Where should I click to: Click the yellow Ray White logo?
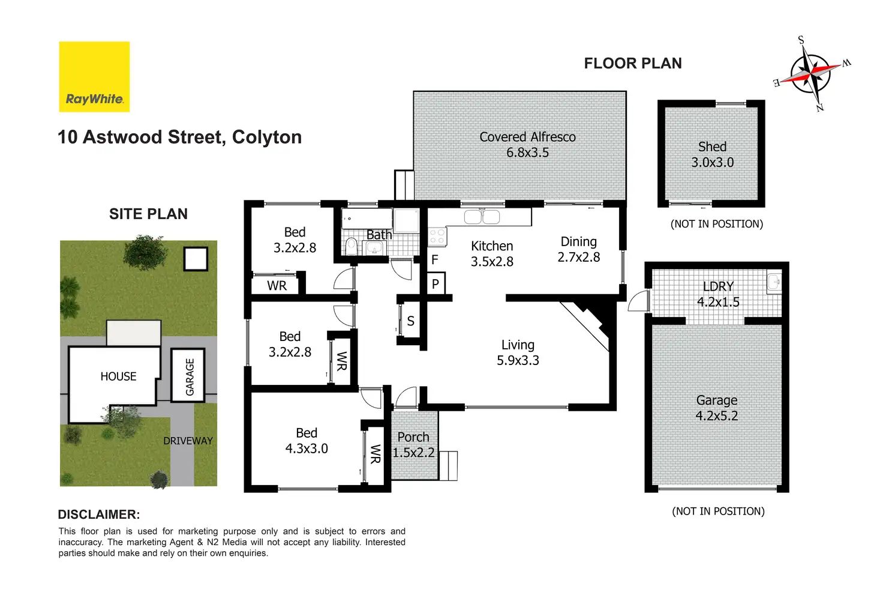94,77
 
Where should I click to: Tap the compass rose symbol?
811,74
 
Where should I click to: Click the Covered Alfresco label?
527,145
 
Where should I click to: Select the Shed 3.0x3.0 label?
712,155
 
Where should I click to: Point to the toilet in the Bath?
351,246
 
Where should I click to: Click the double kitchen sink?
482,217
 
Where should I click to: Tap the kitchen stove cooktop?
437,237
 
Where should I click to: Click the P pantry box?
436,283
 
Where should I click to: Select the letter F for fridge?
434,259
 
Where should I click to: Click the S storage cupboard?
410,321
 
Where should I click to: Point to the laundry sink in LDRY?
774,283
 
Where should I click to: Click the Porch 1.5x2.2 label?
413,445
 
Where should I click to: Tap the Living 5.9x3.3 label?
518,352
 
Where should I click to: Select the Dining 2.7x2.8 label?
579,249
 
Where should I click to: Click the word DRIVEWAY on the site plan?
188,441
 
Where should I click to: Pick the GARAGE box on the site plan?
188,375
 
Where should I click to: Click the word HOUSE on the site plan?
118,376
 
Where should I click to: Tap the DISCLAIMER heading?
98,515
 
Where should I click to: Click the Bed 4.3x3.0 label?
307,441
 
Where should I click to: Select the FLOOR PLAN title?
633,63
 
